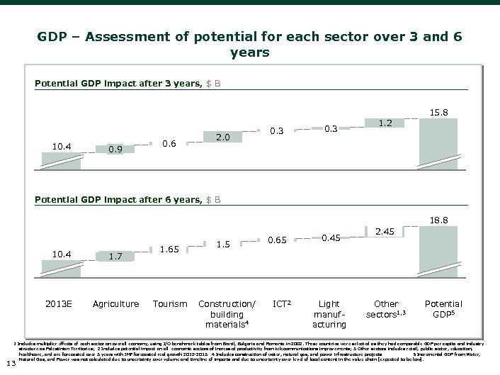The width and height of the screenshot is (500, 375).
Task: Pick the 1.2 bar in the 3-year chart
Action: [385, 123]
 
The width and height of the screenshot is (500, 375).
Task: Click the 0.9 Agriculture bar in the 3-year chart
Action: [116, 149]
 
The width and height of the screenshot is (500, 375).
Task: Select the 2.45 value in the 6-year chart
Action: [385, 231]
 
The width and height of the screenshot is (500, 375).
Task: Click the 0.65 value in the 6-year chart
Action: [277, 240]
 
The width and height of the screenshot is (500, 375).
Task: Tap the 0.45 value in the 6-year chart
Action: [331, 237]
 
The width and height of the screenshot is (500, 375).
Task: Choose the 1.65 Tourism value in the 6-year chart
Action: [169, 249]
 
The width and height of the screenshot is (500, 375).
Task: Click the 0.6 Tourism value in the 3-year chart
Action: [169, 144]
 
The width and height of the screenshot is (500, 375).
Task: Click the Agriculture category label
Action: [116, 304]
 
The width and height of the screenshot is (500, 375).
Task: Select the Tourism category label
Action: [169, 304]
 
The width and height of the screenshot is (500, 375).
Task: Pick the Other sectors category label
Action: [386, 308]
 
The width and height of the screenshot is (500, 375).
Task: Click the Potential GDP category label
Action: [443, 308]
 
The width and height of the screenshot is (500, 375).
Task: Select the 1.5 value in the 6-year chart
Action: [223, 245]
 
